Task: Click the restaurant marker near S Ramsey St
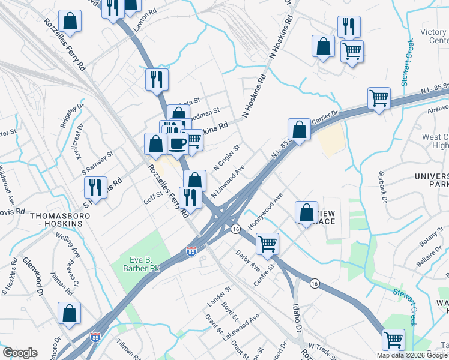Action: coord(95,187)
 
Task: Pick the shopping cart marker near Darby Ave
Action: coord(267,243)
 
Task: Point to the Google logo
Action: coord(20,353)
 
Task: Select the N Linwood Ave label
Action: coord(228,179)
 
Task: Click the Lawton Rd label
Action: coord(148,28)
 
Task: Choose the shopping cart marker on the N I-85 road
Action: coord(379,97)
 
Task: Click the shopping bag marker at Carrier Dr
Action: coord(298,129)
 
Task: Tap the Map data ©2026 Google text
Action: coord(411,355)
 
